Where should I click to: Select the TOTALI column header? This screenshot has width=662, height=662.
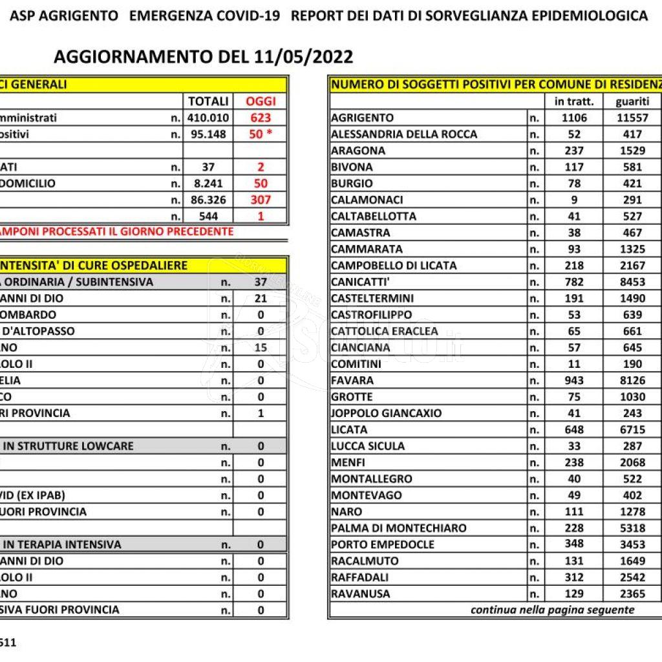click(208, 101)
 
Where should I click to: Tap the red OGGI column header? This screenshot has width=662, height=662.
click(261, 101)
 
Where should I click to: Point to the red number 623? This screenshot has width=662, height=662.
click(261, 118)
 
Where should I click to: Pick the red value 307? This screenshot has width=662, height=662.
click(261, 200)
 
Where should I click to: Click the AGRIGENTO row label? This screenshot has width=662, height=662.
click(362, 118)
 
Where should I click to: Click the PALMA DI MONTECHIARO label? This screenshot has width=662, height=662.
click(398, 528)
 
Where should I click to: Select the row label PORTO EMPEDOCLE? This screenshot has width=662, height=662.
click(383, 544)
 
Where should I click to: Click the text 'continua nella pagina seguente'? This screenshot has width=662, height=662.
click(552, 610)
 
